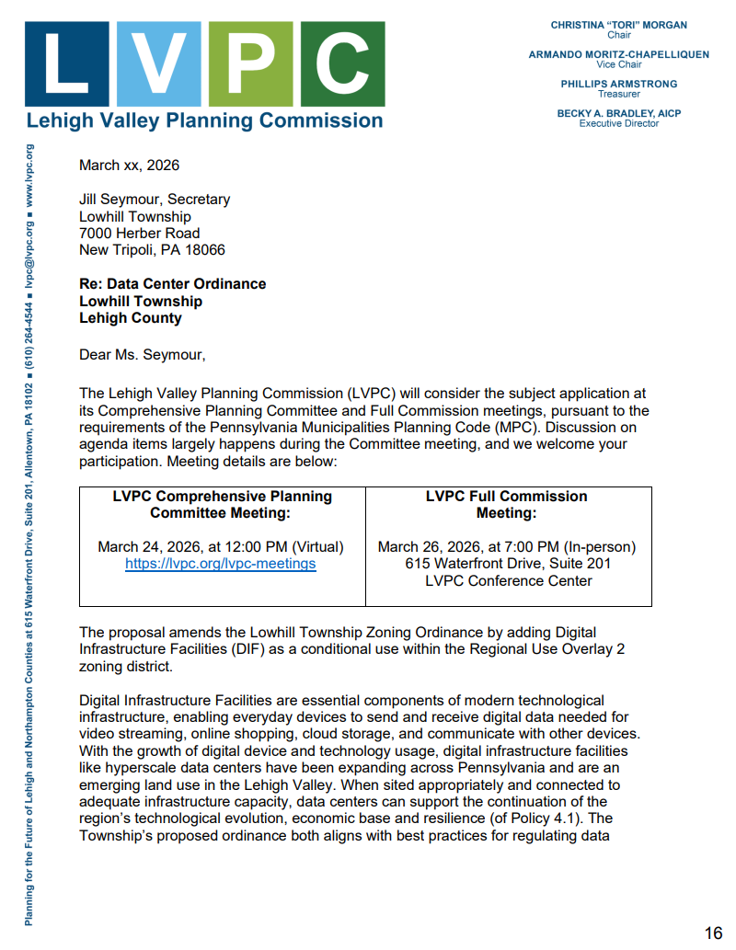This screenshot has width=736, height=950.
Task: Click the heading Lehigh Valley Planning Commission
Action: point(204,120)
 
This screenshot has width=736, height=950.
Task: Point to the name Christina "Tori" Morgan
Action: point(618,25)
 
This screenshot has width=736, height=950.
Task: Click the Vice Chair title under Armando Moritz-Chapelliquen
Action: point(618,64)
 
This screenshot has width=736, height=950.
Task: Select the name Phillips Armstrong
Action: point(618,84)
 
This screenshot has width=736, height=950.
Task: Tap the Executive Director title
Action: point(618,123)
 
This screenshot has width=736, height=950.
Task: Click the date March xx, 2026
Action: point(129,166)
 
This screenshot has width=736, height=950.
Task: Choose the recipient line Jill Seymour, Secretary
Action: point(155,200)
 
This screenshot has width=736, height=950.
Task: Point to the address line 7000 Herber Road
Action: point(139,234)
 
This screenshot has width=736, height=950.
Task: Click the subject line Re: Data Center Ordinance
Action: point(172,284)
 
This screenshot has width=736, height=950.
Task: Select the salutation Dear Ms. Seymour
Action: point(143,354)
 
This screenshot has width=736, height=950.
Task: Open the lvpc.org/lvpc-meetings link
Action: point(221,564)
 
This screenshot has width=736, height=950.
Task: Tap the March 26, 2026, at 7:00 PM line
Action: point(507,547)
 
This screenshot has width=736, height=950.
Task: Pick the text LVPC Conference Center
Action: point(509,581)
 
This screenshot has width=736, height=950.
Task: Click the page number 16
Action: point(713,933)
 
